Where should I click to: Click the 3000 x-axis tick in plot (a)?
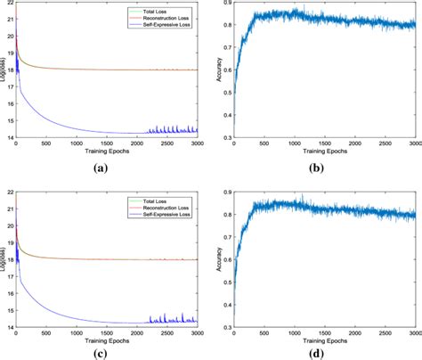(x=194, y=143)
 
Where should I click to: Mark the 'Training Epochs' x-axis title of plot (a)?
(x=106, y=151)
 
